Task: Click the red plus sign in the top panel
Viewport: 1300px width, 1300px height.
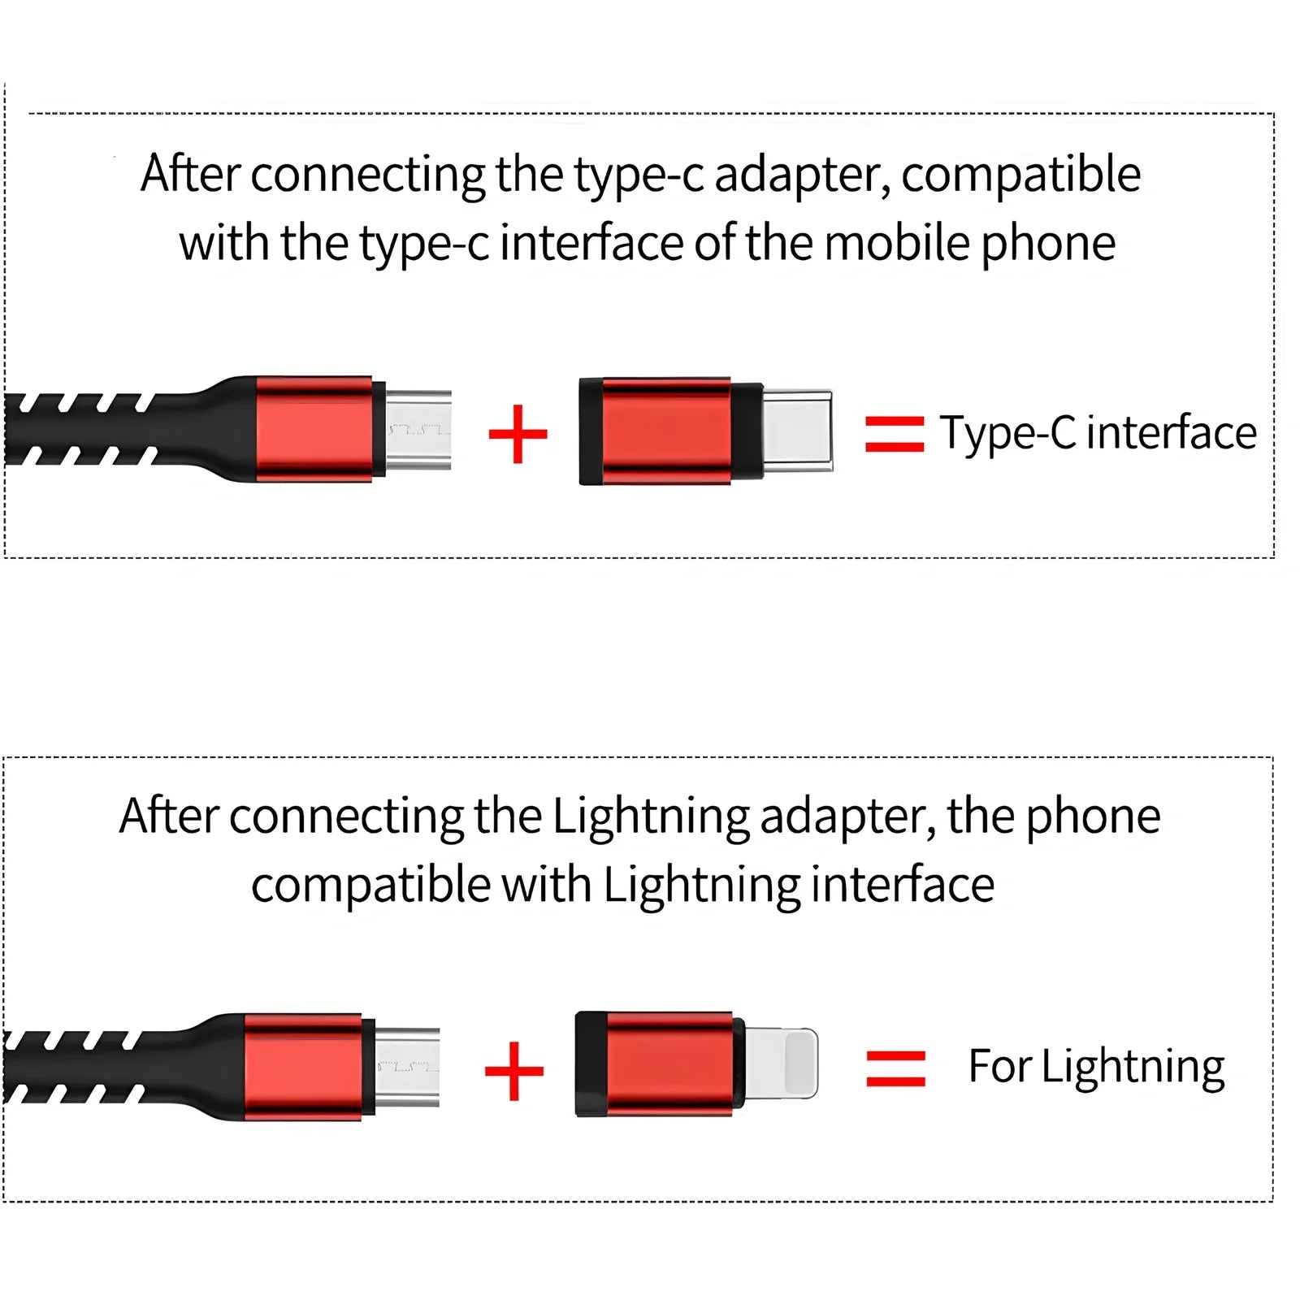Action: (x=518, y=434)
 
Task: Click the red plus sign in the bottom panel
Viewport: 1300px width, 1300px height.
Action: (x=513, y=1071)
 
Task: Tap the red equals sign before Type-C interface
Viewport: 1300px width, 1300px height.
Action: (x=894, y=434)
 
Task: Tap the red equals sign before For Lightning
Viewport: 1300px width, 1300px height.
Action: (x=895, y=1068)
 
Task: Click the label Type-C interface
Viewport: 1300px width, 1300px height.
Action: (x=1098, y=432)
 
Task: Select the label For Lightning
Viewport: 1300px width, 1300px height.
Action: (x=1096, y=1067)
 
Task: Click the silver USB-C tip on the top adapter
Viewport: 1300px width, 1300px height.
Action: (x=798, y=430)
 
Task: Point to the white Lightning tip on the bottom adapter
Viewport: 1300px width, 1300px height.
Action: (x=781, y=1064)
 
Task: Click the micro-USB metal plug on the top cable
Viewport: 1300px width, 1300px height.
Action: (x=418, y=428)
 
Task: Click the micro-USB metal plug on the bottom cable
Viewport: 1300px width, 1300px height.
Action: (x=408, y=1066)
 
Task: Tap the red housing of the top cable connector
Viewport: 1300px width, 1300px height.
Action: (x=314, y=429)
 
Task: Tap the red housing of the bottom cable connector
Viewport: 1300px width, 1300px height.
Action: (x=302, y=1067)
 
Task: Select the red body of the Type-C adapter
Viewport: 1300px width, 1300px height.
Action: (x=665, y=431)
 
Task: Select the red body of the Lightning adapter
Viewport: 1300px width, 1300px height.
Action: (x=668, y=1064)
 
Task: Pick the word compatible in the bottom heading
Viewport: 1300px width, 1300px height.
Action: (x=370, y=886)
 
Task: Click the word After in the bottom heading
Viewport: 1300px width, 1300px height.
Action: (x=168, y=816)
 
